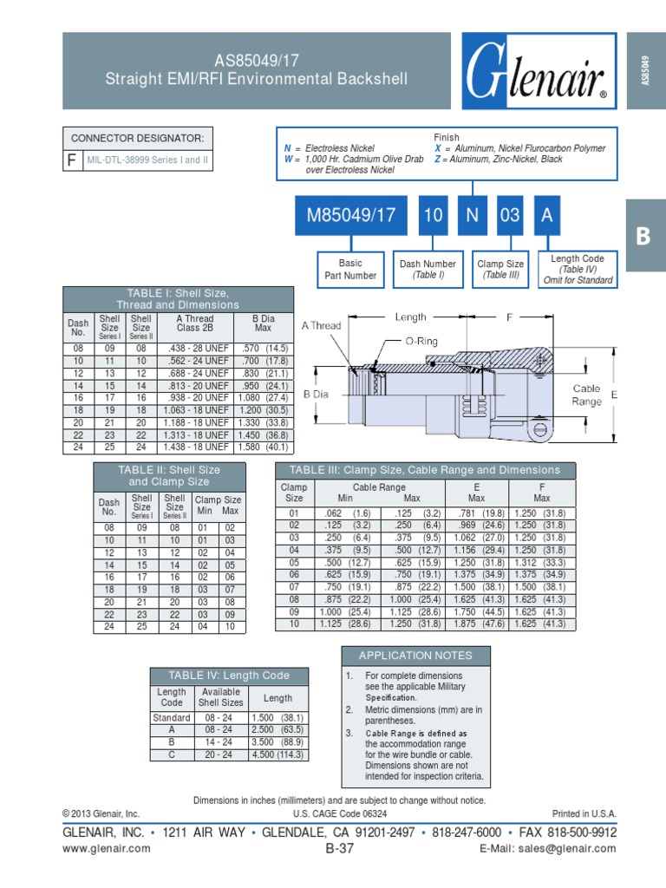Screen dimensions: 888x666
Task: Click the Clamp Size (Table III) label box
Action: [x=500, y=270]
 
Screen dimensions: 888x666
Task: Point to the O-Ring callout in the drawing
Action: [x=421, y=342]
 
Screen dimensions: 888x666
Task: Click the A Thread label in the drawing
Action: [x=321, y=326]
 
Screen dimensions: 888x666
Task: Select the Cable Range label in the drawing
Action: [x=586, y=395]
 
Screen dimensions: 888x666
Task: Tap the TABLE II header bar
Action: [x=169, y=475]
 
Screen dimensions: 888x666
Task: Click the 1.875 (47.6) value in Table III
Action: [x=476, y=623]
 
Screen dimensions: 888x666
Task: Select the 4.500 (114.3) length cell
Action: [x=277, y=754]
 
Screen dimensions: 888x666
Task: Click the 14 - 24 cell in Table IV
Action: [x=220, y=742]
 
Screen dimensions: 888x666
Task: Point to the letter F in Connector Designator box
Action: [x=71, y=160]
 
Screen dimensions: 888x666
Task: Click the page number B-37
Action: [x=339, y=849]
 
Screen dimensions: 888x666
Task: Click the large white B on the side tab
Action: [x=643, y=237]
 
